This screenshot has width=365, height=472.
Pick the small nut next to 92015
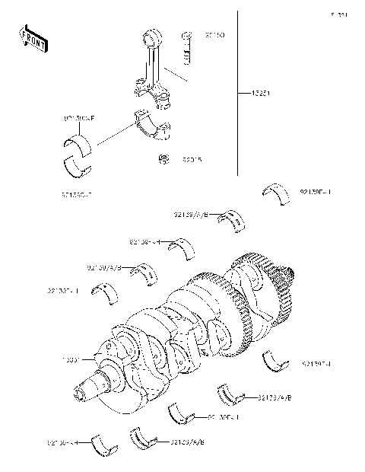pyautogui.click(x=162, y=159)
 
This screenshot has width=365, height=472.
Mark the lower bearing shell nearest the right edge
pyautogui.click(x=275, y=362)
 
